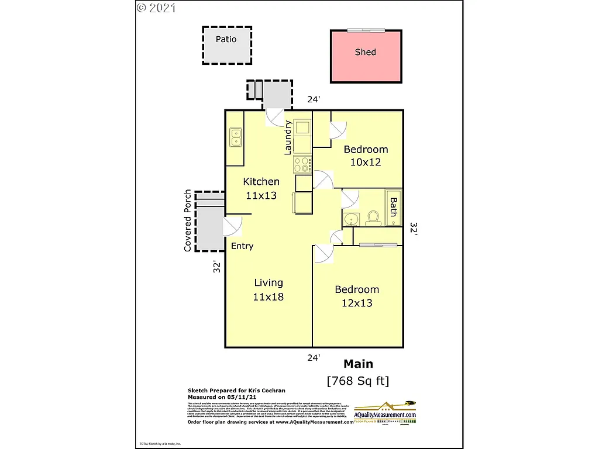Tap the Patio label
tap(226, 39)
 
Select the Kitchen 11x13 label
tap(261, 188)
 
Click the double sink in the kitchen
tap(236, 137)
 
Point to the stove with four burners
tap(302, 164)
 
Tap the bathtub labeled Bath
tap(393, 206)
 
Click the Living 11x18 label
tap(268, 289)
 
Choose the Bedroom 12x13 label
tap(357, 296)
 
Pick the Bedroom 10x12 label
tap(366, 156)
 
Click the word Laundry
tap(288, 137)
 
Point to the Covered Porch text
tap(188, 220)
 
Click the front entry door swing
tap(233, 225)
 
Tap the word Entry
tap(242, 246)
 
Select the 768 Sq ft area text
tap(357, 381)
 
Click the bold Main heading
tap(358, 364)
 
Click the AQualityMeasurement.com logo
tap(386, 412)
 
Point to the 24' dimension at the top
tap(314, 99)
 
